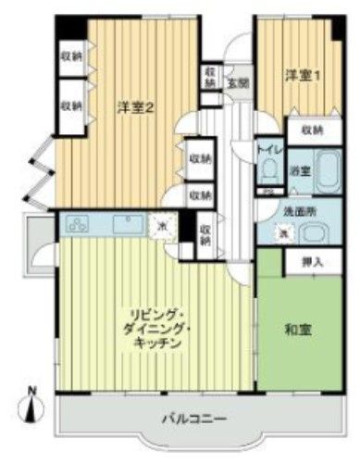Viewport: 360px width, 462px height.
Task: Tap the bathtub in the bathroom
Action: (329, 169)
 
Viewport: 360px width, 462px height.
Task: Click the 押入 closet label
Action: (312, 262)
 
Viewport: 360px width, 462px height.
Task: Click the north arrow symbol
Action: (34, 400)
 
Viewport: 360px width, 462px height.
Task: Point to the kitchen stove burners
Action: (77, 223)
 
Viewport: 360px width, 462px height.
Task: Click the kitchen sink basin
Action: (124, 223)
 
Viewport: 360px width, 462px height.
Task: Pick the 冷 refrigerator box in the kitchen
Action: (162, 225)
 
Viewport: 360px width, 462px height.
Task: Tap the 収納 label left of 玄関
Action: (211, 77)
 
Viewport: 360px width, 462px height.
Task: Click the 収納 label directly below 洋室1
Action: (310, 131)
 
